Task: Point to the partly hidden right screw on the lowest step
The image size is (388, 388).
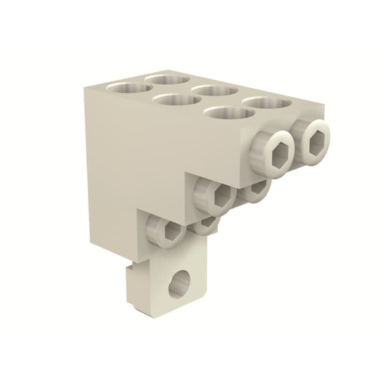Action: click(x=206, y=225)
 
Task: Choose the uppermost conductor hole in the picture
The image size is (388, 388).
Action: click(x=167, y=80)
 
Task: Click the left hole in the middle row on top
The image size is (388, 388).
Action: click(x=177, y=100)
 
